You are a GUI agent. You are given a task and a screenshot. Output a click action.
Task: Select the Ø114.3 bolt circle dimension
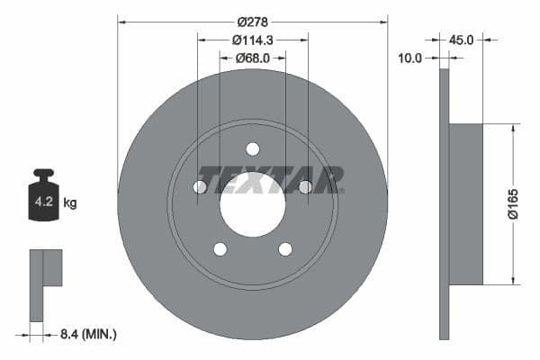point(253,40)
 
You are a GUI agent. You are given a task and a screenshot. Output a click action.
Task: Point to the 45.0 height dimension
point(461,40)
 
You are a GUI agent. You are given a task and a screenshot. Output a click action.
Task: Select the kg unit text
point(70,203)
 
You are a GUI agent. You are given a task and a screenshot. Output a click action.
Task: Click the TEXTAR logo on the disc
point(270,179)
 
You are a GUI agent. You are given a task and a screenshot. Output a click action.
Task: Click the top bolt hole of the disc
point(252,148)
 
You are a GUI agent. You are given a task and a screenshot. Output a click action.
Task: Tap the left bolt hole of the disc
point(200,187)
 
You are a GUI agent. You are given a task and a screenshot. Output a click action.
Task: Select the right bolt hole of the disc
point(305,187)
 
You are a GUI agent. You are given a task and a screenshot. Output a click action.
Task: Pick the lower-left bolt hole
point(220,249)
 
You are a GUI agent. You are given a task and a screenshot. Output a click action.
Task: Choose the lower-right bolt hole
point(285,249)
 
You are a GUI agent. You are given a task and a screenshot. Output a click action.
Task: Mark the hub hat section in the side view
point(466,203)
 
